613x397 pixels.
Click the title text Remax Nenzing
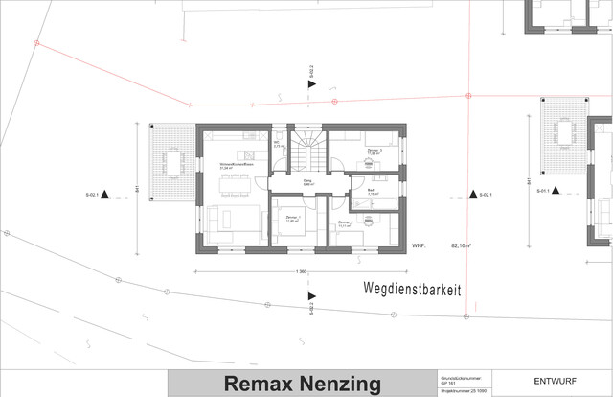coord(303,384)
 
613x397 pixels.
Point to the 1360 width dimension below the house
coord(300,272)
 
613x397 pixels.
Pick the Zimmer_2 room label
coord(348,222)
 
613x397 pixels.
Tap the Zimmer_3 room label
coord(375,151)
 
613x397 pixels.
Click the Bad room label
coord(371,192)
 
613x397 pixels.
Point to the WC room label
coord(276,144)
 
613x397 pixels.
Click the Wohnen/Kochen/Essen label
coord(235,165)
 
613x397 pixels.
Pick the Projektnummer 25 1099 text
coord(465,392)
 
